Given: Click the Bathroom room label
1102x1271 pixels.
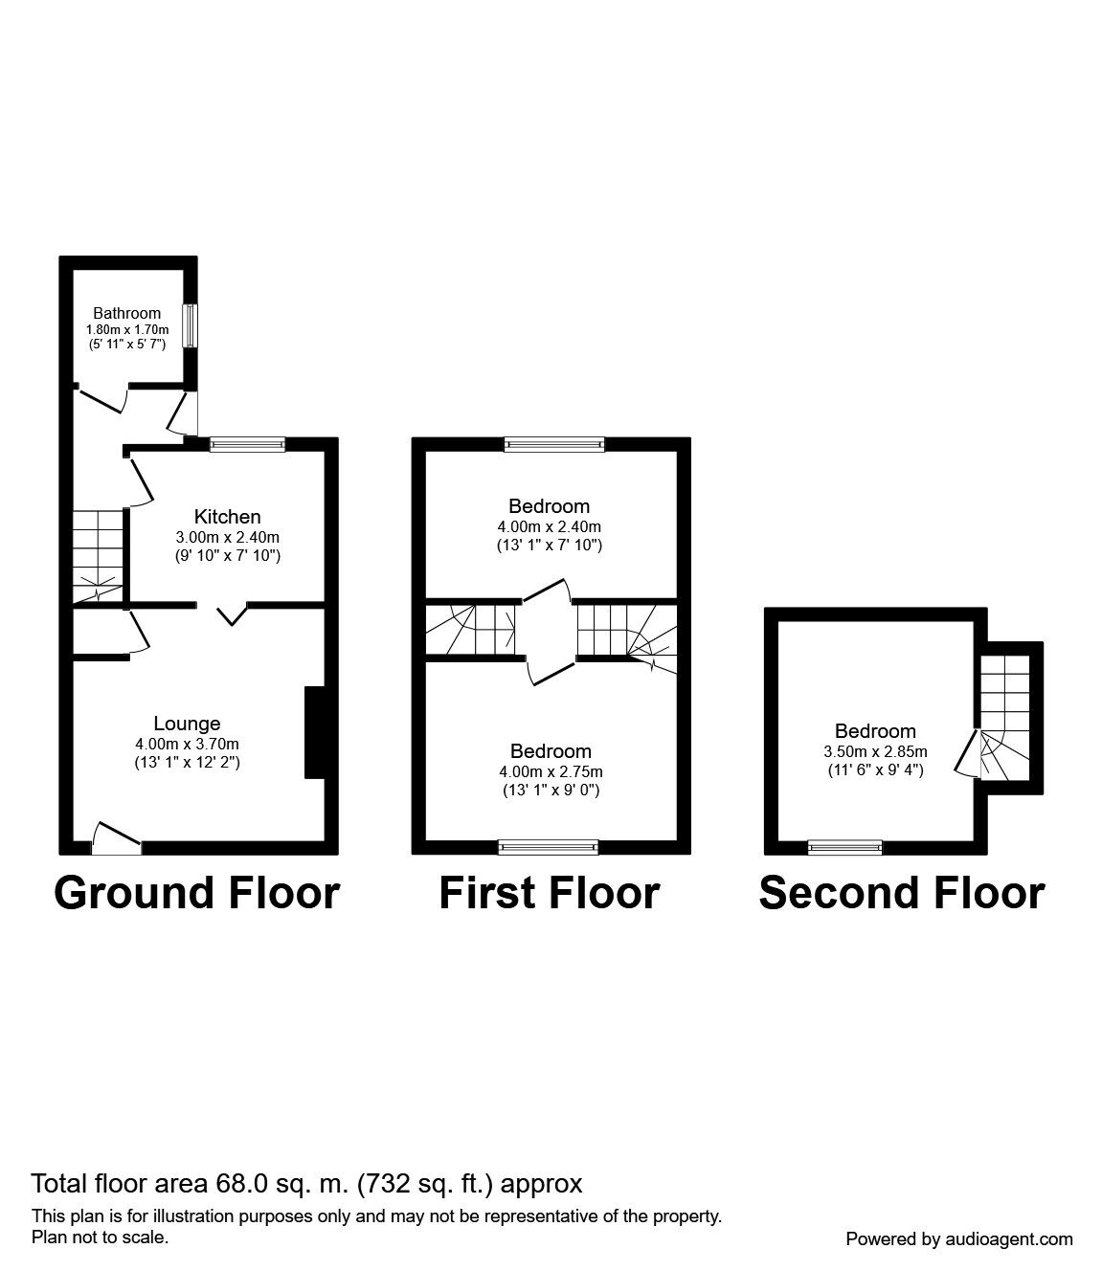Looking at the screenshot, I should pos(126,313).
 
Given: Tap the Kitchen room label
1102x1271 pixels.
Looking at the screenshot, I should pos(227,517).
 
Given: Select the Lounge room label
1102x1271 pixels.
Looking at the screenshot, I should pos(187,725).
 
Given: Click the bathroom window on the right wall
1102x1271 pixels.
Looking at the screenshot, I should pos(191,326).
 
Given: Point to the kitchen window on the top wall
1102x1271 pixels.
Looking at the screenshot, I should pos(247,444).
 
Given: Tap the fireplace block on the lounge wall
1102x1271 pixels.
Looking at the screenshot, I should pos(313,732).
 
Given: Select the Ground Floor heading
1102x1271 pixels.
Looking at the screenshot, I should pos(196,892).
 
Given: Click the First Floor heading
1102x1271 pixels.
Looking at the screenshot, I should pos(549,892).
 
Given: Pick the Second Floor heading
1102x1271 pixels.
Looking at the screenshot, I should pos(901,892).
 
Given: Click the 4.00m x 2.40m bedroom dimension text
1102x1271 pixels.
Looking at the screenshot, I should pos(549,526).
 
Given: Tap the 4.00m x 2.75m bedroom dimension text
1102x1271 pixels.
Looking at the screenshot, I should pos(550,771).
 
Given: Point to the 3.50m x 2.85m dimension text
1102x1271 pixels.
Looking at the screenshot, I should pos(875,751).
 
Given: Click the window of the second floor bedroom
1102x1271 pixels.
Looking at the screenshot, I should pos(844,847).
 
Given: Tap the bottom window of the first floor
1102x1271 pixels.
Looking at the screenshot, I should pos(548,847).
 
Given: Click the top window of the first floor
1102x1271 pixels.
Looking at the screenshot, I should pos(554,444).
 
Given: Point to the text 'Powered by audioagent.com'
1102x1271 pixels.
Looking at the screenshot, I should pos(958,1238).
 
